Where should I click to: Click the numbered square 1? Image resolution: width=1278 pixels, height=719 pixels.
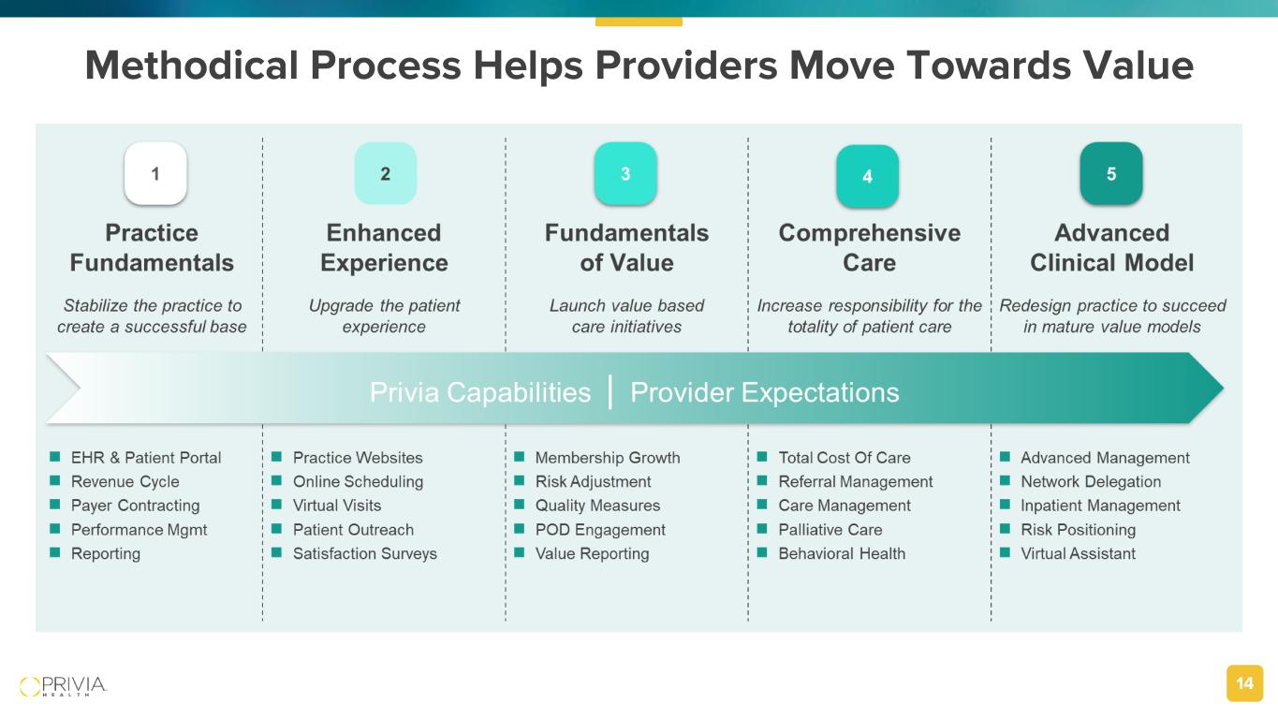point(155,173)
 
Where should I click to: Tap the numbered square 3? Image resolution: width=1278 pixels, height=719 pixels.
point(625,173)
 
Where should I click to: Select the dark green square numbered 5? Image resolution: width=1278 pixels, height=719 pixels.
point(1111,173)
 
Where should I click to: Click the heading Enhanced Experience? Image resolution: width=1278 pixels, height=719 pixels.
point(384,247)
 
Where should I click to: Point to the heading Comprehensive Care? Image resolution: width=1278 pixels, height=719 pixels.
point(869,247)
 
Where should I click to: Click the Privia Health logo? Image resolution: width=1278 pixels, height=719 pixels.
point(64,685)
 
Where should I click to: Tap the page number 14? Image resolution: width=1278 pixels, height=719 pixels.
point(1244,684)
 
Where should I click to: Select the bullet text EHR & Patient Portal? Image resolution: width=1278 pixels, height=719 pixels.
point(146,458)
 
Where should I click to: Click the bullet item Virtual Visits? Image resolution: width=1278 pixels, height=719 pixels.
point(337,506)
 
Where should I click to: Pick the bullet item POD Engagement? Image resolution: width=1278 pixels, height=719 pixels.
point(600,530)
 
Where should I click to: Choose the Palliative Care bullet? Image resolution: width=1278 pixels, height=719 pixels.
point(830,530)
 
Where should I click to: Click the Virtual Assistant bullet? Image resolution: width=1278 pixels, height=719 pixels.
point(1078,553)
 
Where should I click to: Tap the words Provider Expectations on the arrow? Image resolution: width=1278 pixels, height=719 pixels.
point(765,392)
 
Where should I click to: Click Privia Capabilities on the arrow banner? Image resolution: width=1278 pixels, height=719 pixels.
point(480,392)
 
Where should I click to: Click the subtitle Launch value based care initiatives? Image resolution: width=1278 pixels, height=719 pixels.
point(626,315)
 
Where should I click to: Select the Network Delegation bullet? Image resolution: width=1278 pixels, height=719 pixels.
point(1091,482)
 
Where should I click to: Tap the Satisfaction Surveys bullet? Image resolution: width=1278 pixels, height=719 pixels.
point(365,553)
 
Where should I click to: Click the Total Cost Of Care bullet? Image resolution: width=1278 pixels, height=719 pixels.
point(845,458)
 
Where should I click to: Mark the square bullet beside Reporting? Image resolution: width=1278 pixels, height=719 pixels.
point(54,553)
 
